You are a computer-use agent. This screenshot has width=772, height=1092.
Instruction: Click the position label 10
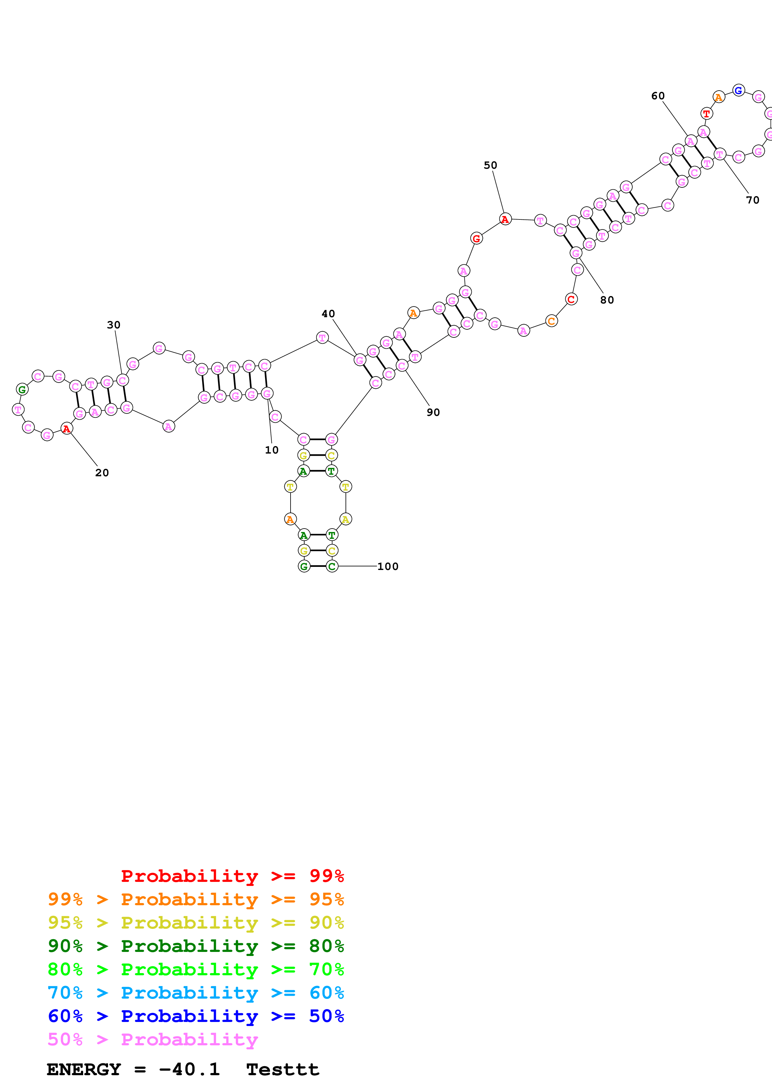click(272, 450)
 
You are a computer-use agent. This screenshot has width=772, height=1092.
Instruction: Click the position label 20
click(102, 473)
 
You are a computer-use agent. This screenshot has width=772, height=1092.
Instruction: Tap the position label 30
click(113, 325)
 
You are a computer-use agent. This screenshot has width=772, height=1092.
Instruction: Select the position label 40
click(328, 314)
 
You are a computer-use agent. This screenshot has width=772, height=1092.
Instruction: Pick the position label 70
click(752, 200)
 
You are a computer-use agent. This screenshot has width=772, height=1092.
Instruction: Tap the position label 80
click(607, 300)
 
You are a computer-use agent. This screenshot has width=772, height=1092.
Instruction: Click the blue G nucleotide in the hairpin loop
click(738, 90)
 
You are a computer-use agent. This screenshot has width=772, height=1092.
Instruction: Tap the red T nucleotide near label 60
click(706, 114)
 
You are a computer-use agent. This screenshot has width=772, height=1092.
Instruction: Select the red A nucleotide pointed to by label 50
click(505, 219)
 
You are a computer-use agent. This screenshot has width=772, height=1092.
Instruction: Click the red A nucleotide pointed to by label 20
click(67, 429)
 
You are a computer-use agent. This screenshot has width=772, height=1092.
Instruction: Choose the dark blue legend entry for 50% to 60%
click(196, 1016)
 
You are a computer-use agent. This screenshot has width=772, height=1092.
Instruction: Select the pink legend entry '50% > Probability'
click(153, 1039)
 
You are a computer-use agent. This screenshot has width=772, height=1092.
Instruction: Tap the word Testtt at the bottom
click(282, 1070)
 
